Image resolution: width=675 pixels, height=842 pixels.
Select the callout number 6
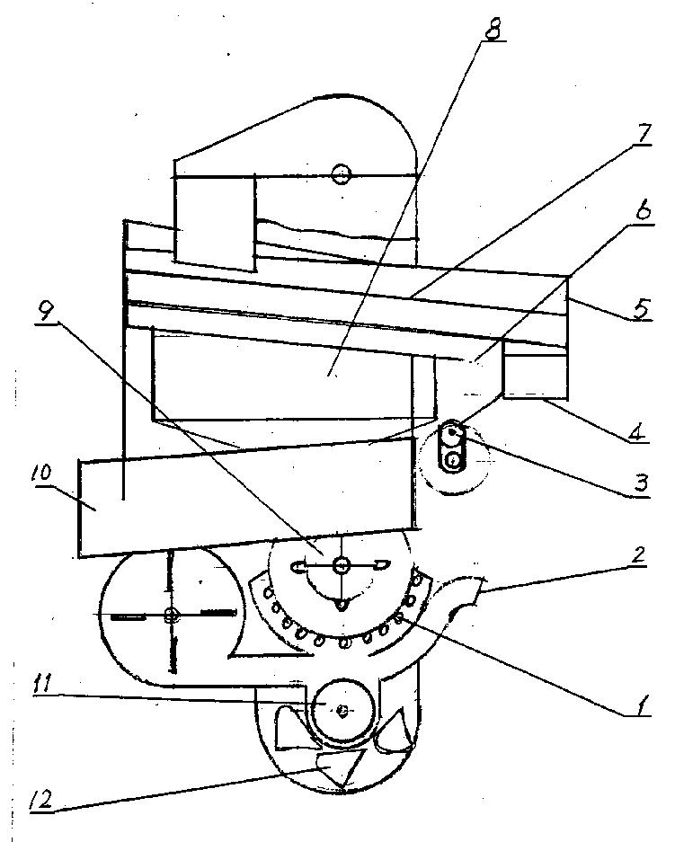tap(643, 210)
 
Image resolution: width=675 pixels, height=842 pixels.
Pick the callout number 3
tap(640, 483)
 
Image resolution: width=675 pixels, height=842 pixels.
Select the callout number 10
tap(41, 474)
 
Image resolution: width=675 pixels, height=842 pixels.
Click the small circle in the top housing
tap(341, 174)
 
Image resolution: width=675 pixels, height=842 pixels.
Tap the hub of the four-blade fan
tap(172, 616)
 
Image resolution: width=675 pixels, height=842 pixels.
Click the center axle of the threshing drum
tap(341, 564)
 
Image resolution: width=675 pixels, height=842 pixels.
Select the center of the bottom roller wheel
tap(342, 711)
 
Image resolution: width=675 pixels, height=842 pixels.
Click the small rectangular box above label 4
tap(535, 372)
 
